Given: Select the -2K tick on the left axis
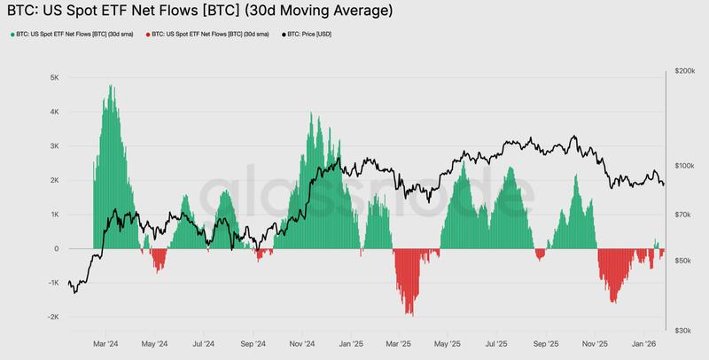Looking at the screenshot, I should [51, 317].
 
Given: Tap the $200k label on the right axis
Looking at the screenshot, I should [685, 69].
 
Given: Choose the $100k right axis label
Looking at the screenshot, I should [685, 166].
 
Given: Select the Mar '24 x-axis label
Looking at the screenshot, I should [106, 343].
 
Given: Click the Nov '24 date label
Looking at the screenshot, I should [302, 343].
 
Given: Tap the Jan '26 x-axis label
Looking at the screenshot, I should [645, 343].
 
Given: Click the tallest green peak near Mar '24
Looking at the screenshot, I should [110, 86].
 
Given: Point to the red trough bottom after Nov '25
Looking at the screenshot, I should [613, 302].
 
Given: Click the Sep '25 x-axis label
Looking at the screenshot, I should [547, 343].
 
